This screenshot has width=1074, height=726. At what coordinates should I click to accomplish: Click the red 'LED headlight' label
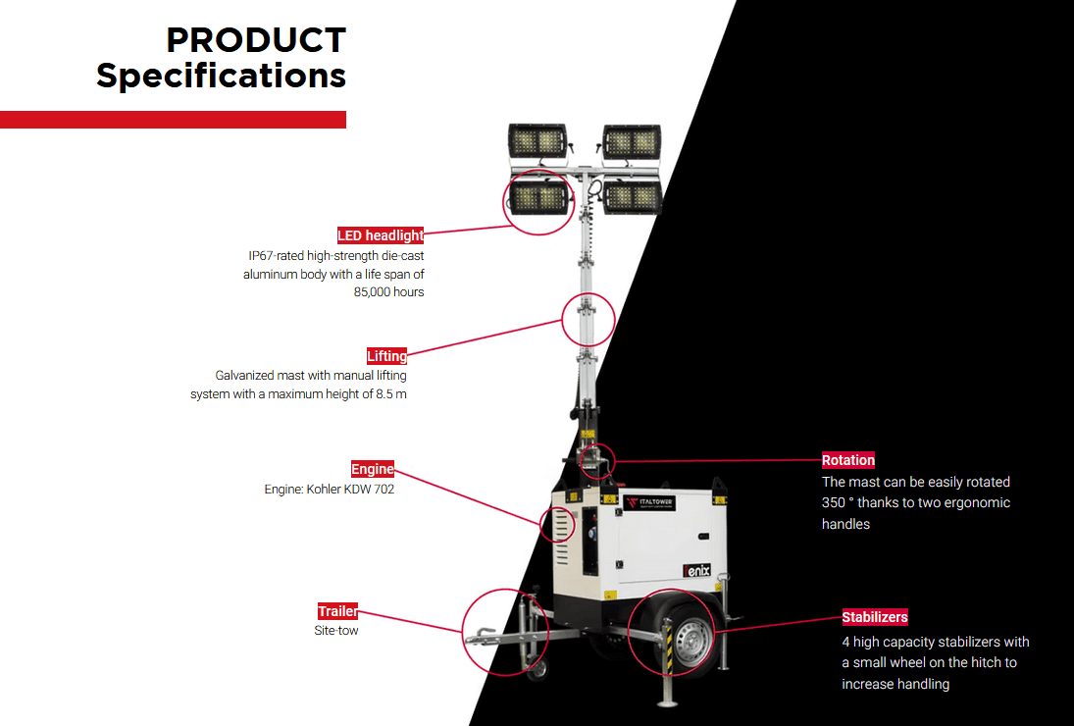[x=381, y=235]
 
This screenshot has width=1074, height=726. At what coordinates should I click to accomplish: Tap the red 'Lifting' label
[x=386, y=356]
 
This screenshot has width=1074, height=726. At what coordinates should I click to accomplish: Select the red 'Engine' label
[x=373, y=469]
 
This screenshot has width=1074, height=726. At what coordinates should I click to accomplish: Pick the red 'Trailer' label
[x=337, y=611]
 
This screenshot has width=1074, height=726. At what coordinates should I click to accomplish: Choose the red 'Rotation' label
[x=848, y=460]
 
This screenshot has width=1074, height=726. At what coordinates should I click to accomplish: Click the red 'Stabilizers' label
[x=875, y=617]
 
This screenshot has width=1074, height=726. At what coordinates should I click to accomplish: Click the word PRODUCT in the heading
[x=256, y=41]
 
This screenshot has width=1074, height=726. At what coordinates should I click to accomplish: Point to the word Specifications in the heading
[x=221, y=76]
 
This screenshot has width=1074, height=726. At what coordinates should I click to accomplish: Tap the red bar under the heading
[x=173, y=120]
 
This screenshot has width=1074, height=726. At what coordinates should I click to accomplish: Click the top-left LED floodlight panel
[x=538, y=142]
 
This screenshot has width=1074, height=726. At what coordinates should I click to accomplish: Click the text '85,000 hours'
[x=388, y=292]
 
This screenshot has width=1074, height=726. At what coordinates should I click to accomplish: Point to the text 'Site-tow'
[x=336, y=631]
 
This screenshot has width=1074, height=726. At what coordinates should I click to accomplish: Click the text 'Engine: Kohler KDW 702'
[x=330, y=489]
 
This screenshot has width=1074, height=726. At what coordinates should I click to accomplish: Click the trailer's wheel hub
[x=690, y=643]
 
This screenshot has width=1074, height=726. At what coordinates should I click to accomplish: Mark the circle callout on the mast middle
[x=588, y=319]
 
